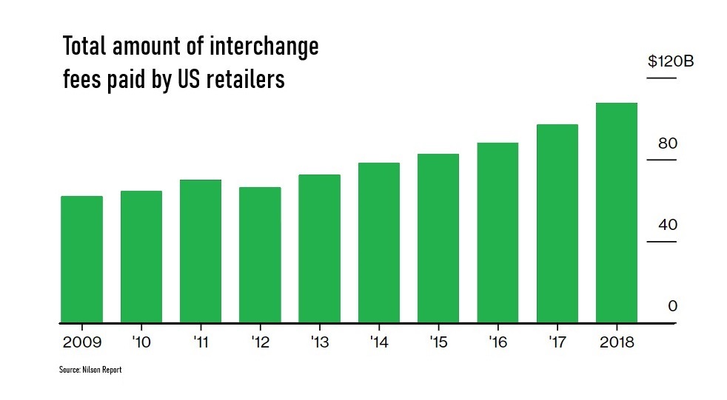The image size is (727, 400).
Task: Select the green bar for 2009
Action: coord(81,260)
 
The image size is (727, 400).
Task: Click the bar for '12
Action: coord(260,255)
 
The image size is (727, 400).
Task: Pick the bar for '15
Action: coord(438,238)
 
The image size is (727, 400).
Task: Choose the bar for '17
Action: coord(557,223)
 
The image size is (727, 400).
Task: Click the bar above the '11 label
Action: coord(201,251)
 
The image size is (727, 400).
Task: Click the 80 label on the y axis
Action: coord(668,143)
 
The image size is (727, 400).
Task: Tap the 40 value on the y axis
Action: coord(668,225)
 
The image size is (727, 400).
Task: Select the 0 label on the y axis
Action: coord(672,306)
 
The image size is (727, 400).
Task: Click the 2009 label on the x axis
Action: coord(81,343)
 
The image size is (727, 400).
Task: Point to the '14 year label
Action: coord(379,343)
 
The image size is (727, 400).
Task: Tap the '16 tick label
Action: coord(497,343)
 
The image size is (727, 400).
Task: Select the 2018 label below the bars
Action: coord(617,343)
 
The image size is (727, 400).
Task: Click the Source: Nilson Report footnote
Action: coord(90,370)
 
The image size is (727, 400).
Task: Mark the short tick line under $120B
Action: coord(662,78)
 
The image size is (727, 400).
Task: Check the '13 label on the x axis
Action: coord(319,343)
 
